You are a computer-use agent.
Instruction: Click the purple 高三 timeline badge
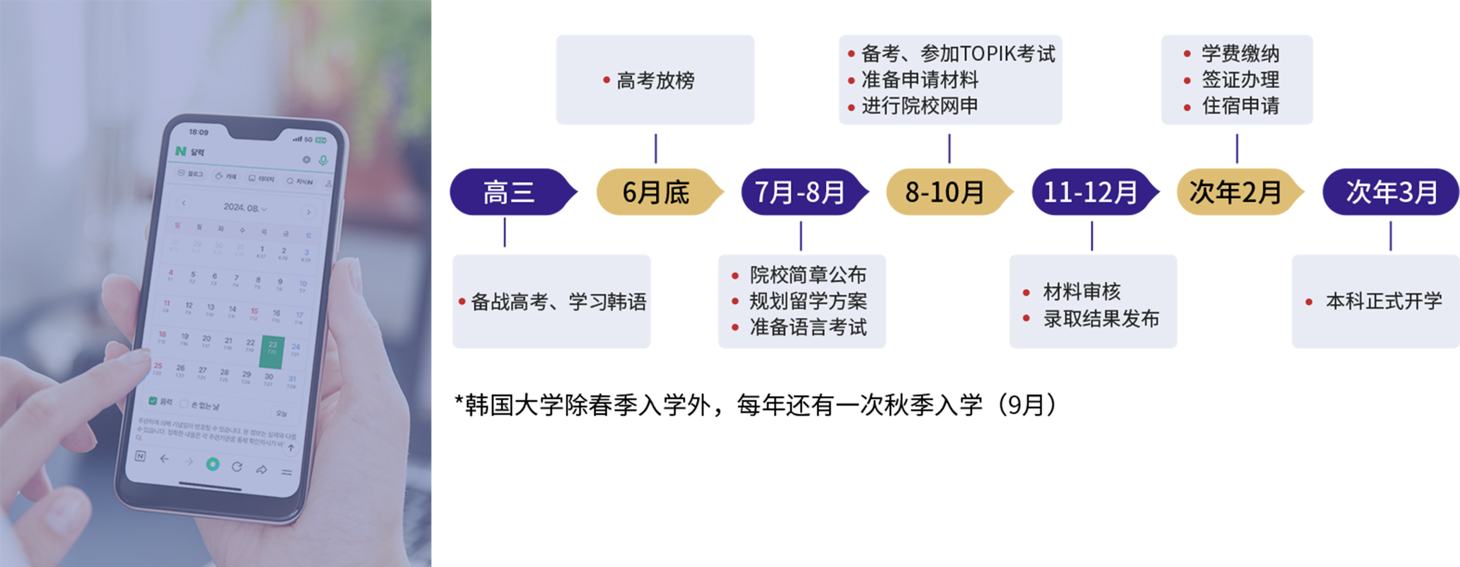[x=509, y=192]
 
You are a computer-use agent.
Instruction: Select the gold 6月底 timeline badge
[x=656, y=192]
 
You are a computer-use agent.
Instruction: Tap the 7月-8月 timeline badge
[x=800, y=192]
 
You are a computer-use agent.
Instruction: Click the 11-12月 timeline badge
[x=1090, y=192]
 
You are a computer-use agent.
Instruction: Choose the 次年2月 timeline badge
[x=1236, y=192]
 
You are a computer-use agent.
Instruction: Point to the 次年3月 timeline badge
[x=1391, y=192]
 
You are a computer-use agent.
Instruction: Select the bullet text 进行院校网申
[x=919, y=106]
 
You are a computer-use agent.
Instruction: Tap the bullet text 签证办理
[x=1240, y=80]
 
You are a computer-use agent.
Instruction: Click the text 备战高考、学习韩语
[x=558, y=302]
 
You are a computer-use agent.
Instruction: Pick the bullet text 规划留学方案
[x=808, y=301]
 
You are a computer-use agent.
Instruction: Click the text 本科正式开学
[x=1383, y=301]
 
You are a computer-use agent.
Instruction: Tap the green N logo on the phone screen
[x=181, y=151]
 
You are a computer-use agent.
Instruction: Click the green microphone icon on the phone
[x=323, y=160]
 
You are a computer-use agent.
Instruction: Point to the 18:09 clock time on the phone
[x=198, y=132]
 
